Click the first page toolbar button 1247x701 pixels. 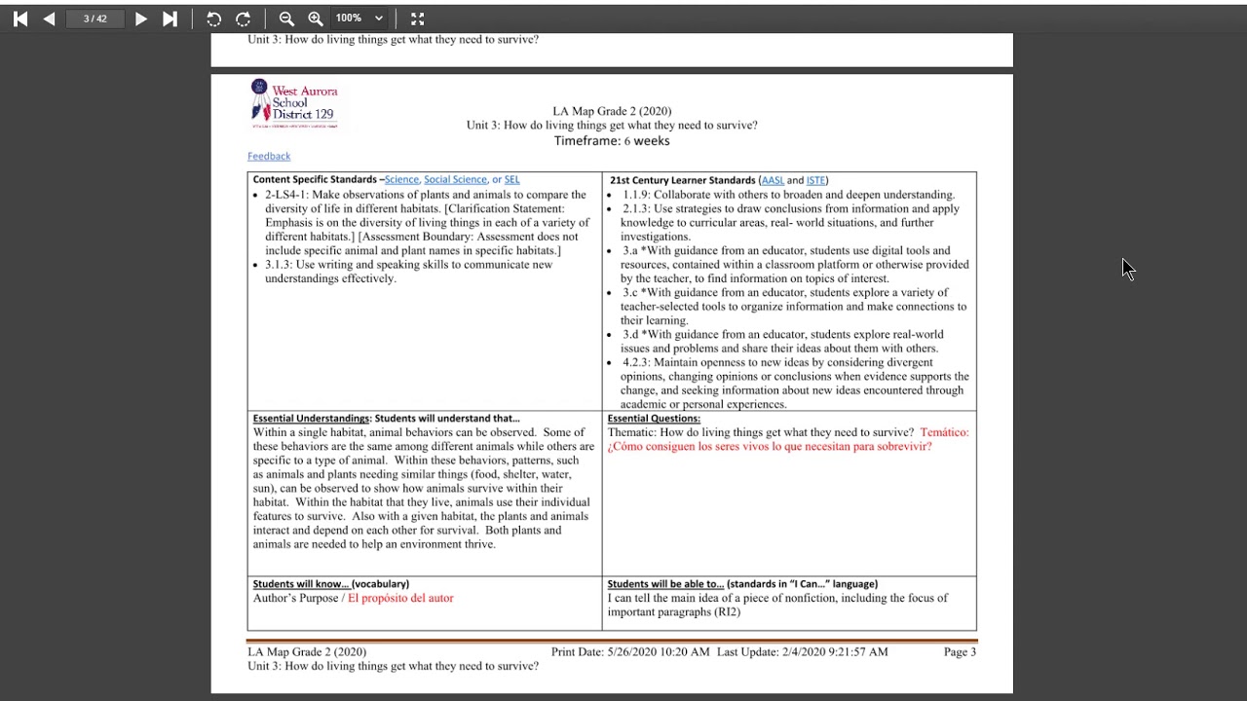pyautogui.click(x=20, y=18)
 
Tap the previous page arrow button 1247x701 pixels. pyautogui.click(x=49, y=18)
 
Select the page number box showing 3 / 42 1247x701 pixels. pyautogui.click(x=95, y=18)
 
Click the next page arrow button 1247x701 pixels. pyautogui.click(x=141, y=18)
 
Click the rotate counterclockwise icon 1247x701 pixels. pyautogui.click(x=214, y=18)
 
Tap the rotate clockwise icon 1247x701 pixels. pyautogui.click(x=244, y=18)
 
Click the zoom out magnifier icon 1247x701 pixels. pyautogui.click(x=286, y=18)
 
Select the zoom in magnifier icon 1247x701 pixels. pyautogui.click(x=316, y=18)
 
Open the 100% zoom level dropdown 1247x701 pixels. pyautogui.click(x=359, y=18)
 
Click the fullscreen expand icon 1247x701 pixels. pyautogui.click(x=418, y=18)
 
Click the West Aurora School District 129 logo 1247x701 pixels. pyautogui.click(x=294, y=103)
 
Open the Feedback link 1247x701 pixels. pyautogui.click(x=269, y=156)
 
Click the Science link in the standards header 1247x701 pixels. pyautogui.click(x=401, y=180)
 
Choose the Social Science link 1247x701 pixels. pyautogui.click(x=455, y=180)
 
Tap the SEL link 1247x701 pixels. pyautogui.click(x=511, y=180)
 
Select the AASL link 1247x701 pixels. pyautogui.click(x=773, y=180)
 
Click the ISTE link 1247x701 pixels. pyautogui.click(x=815, y=180)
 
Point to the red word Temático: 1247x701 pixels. pyautogui.click(x=944, y=432)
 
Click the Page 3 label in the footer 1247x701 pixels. pyautogui.click(x=960, y=652)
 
